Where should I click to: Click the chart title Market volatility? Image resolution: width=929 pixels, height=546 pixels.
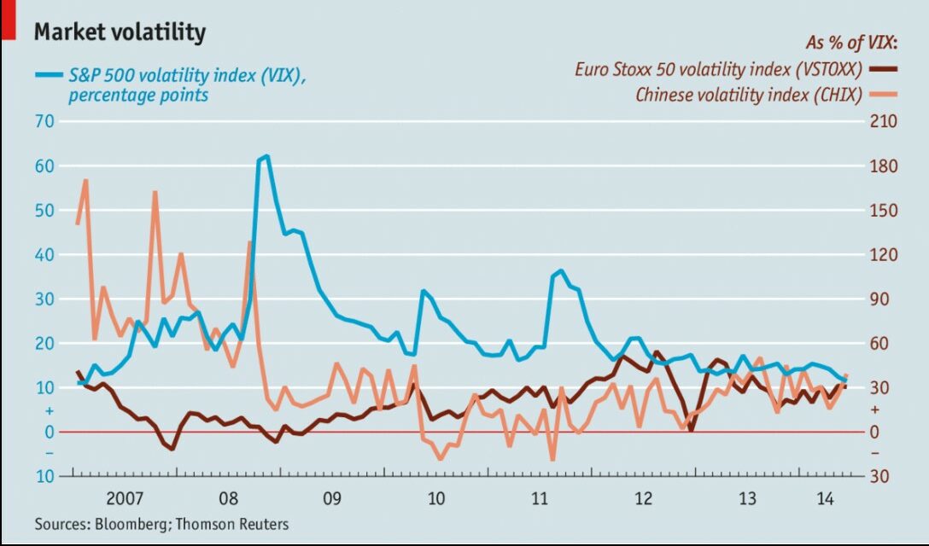point(120,32)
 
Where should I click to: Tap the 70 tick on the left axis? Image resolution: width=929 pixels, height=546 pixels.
point(44,121)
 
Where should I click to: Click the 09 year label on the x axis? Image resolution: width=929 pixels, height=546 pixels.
point(331,497)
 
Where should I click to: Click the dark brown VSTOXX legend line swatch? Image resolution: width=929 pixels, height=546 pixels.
point(881,69)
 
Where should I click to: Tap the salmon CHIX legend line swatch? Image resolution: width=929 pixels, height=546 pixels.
point(881,94)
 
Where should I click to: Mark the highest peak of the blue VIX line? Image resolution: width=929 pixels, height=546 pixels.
point(266,156)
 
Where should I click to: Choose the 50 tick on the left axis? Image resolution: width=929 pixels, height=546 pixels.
point(44,210)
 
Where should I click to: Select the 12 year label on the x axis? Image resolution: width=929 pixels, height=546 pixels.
point(643,497)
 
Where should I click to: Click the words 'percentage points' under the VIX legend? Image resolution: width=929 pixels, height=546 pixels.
point(138,96)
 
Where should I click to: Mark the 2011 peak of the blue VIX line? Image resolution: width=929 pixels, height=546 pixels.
point(560,270)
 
